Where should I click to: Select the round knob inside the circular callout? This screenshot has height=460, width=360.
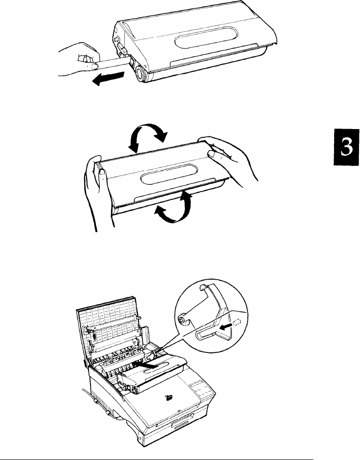(x=182, y=319)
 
